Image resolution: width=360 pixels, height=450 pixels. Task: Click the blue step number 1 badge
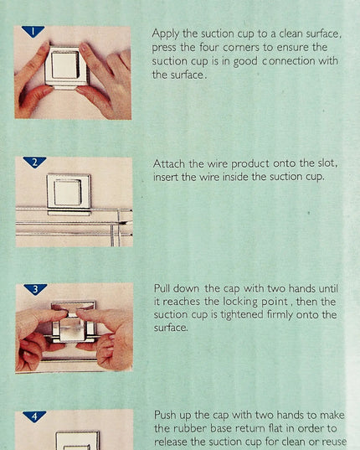coord(33,31)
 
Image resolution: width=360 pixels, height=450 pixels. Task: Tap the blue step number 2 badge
coord(34,162)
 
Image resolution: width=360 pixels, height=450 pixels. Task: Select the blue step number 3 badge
coord(35,289)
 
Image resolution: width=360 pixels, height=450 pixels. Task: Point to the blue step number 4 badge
coord(34,416)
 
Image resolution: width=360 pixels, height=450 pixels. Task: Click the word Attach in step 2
coord(169,164)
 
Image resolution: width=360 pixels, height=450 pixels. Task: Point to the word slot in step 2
coord(327,163)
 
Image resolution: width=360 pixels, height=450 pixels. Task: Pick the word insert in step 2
coord(166,177)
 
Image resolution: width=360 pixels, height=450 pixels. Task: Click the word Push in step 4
coord(165,416)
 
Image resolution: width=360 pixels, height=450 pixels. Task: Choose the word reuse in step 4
coord(333,442)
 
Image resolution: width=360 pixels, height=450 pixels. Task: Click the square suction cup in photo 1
coord(66,68)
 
